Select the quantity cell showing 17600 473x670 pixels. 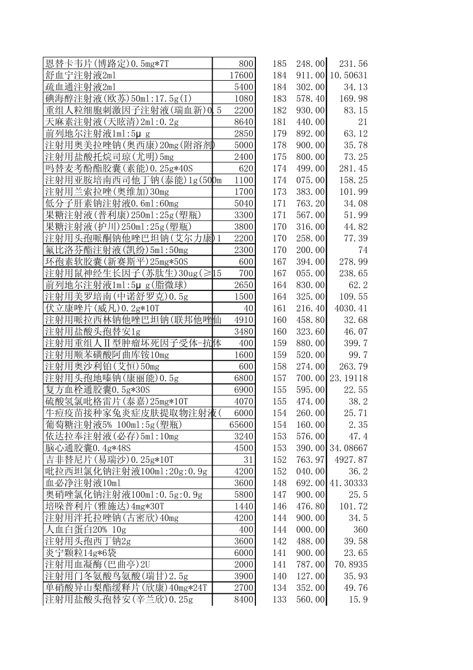pyautogui.click(x=241, y=75)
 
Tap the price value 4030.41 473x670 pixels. pyautogui.click(x=351, y=308)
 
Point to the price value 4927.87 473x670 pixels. pyautogui.click(x=351, y=460)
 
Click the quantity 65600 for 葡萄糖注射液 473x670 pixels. pyautogui.click(x=241, y=425)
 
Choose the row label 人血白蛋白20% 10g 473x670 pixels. pyautogui.click(x=86, y=530)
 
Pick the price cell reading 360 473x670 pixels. pyautogui.click(x=360, y=530)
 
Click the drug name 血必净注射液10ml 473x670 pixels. pyautogui.click(x=83, y=483)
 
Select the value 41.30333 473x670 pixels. pyautogui.click(x=349, y=483)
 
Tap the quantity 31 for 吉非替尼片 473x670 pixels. pyautogui.click(x=248, y=460)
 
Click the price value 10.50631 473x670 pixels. pyautogui.click(x=349, y=75)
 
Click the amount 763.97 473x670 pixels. pyautogui.click(x=310, y=460)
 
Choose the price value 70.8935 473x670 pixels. pyautogui.click(x=351, y=564)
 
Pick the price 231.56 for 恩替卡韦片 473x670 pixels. pyautogui.click(x=353, y=64)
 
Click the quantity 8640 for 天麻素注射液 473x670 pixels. pyautogui.click(x=244, y=122)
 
